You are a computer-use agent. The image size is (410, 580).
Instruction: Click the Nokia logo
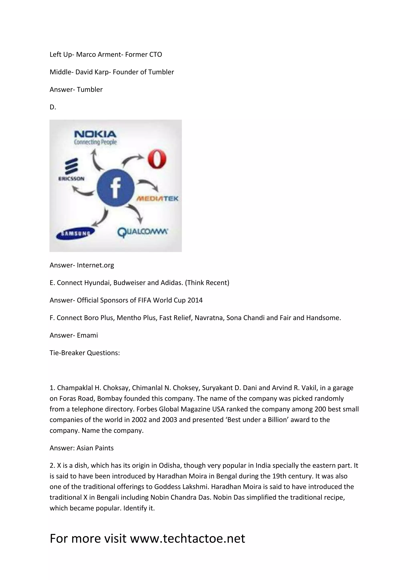click(x=95, y=137)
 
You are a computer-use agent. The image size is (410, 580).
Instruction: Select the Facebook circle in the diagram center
click(x=115, y=187)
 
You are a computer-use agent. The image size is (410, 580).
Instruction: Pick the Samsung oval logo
click(x=75, y=233)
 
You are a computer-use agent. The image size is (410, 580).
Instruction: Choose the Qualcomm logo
click(x=143, y=232)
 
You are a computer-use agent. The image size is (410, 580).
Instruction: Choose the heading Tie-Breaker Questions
click(x=84, y=353)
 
